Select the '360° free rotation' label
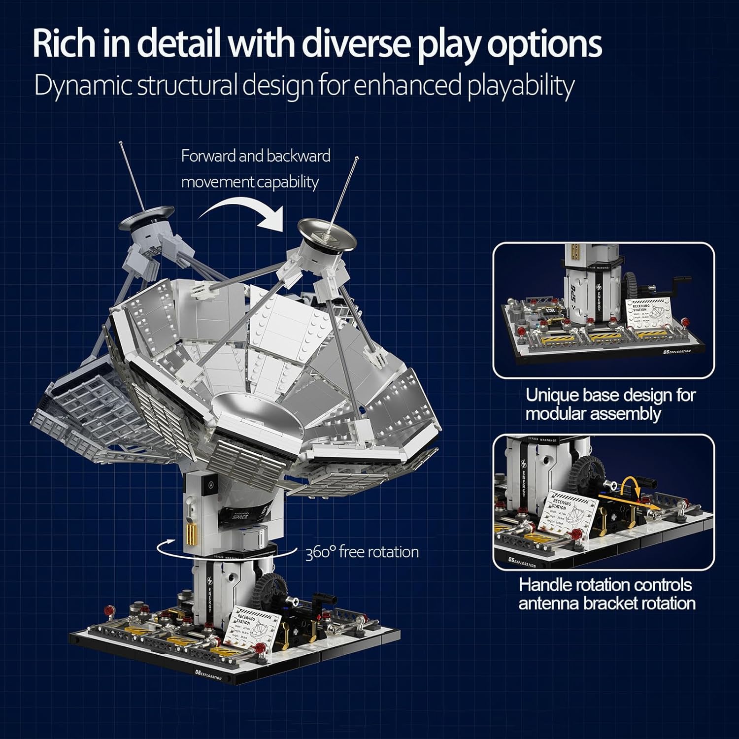click(362, 552)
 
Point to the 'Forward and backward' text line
click(256, 156)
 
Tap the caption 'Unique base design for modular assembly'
click(610, 404)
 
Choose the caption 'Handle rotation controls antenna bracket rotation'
click(606, 594)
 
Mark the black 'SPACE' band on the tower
click(241, 516)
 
